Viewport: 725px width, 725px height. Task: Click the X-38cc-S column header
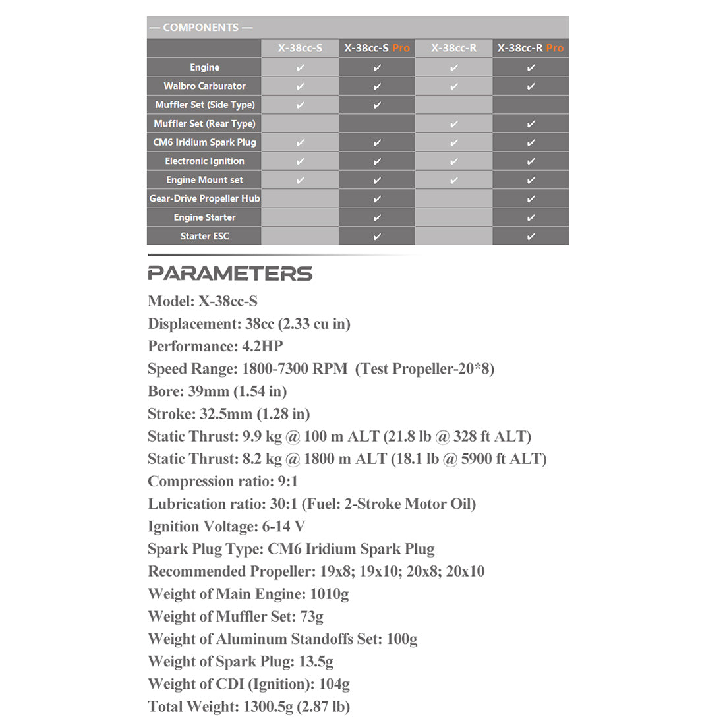click(x=300, y=48)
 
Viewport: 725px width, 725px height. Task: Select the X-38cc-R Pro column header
click(x=531, y=48)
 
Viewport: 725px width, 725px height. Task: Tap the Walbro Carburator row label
click(x=204, y=86)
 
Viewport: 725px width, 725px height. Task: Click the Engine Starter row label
click(x=204, y=217)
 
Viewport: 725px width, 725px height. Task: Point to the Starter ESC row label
click(x=204, y=236)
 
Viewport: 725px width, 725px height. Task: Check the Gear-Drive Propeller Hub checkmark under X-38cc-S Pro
click(x=377, y=198)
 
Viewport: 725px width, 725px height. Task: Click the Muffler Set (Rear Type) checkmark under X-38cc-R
click(x=454, y=123)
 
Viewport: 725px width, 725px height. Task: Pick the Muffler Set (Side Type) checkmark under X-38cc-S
click(x=301, y=105)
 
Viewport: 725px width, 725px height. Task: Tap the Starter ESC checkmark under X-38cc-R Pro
click(x=531, y=236)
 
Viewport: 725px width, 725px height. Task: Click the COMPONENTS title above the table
click(x=201, y=28)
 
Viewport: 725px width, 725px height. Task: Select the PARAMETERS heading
click(x=230, y=274)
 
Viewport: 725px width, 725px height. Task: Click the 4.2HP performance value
click(x=262, y=347)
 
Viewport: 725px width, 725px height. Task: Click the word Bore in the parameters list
click(x=164, y=391)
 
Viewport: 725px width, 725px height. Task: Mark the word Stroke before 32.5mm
click(x=170, y=414)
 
